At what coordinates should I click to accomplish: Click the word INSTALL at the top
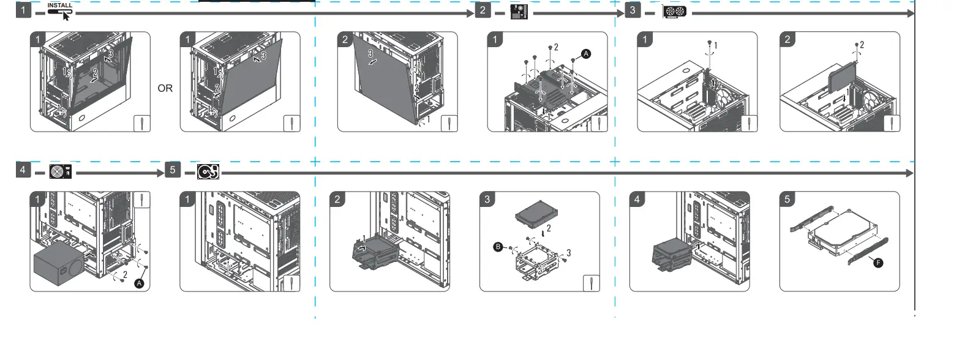(59, 5)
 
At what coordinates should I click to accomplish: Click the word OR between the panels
(165, 88)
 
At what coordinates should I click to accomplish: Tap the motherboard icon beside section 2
(520, 11)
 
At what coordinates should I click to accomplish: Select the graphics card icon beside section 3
(674, 11)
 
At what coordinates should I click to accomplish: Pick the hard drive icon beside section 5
(208, 171)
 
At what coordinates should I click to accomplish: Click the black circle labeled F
(878, 263)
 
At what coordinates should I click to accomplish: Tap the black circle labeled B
(498, 247)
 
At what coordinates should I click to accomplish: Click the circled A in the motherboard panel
(586, 54)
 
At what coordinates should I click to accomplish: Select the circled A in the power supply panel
(139, 283)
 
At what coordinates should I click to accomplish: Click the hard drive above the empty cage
(535, 215)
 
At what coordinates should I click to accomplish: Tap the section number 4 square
(23, 170)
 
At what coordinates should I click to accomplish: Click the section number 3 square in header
(633, 10)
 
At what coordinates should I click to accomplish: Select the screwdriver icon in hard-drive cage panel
(591, 283)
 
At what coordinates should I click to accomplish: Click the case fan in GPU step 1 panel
(727, 100)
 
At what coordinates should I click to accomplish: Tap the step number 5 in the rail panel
(787, 200)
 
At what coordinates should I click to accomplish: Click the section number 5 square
(173, 170)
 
